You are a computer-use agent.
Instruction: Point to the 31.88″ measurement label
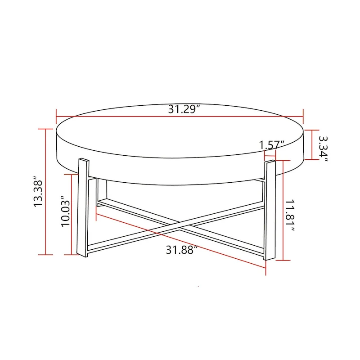182,250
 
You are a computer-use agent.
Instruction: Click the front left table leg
83,207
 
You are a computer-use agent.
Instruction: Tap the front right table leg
269,209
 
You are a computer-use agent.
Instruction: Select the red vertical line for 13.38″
45,191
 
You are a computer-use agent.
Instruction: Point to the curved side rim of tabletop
180,175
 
